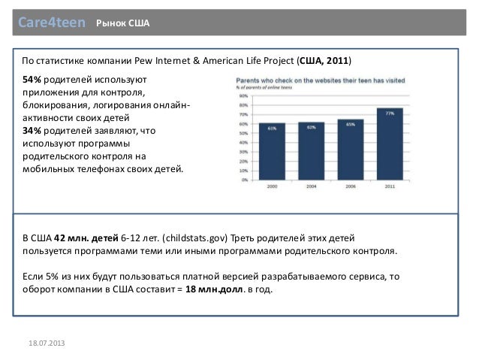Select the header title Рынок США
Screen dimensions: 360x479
click(123, 26)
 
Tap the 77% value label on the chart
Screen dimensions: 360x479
click(390, 113)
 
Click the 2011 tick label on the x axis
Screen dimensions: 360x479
click(390, 186)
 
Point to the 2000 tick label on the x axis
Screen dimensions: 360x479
click(271, 186)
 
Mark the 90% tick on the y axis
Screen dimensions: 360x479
click(244, 96)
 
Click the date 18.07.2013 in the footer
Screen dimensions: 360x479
click(47, 343)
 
